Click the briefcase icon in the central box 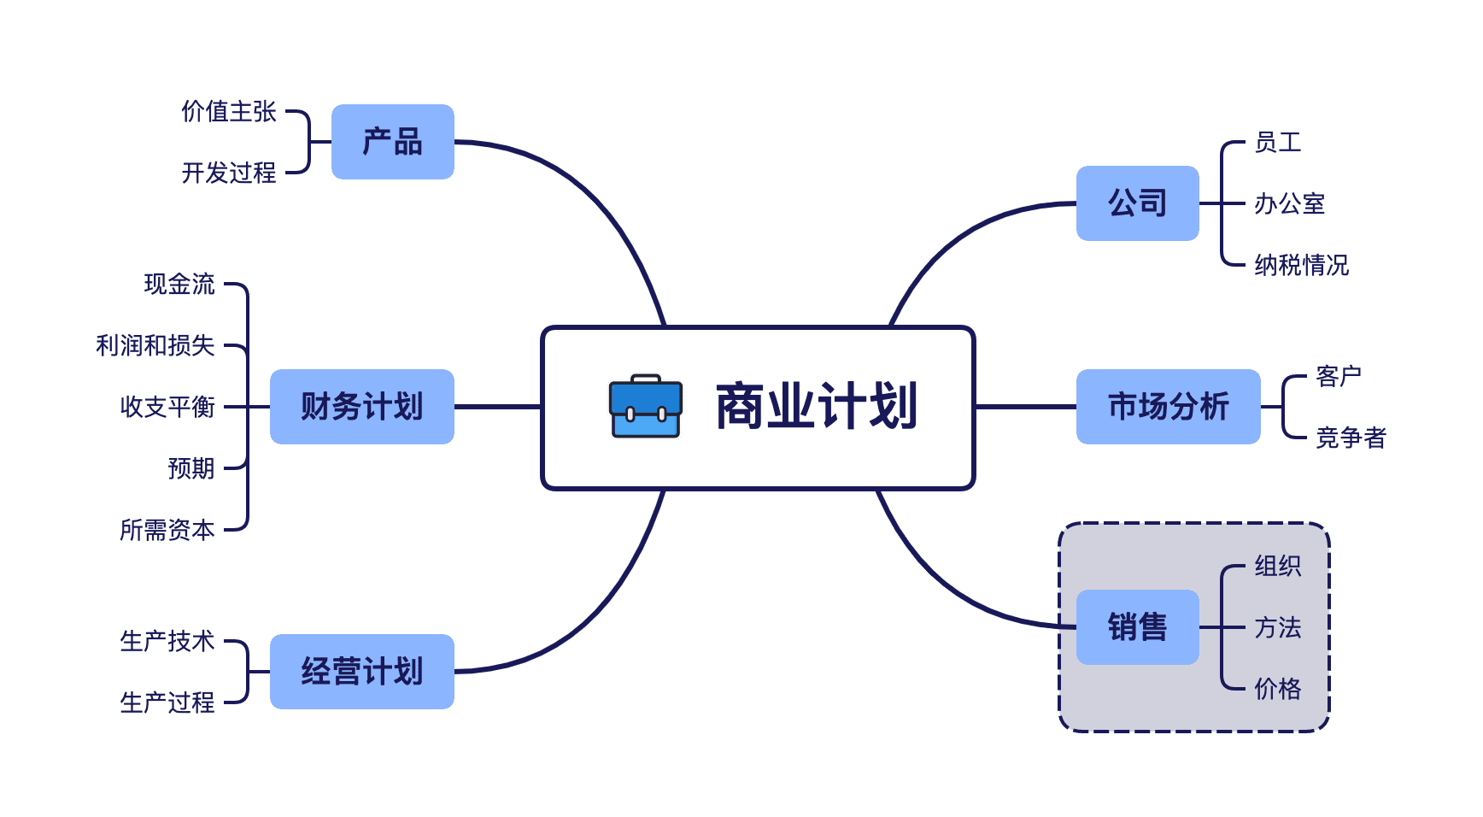point(646,407)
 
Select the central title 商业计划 point(816,407)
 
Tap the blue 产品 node point(393,142)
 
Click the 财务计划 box point(362,407)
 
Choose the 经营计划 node point(362,672)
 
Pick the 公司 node point(1137,203)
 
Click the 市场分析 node point(1168,407)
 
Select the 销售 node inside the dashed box point(1137,627)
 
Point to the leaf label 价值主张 point(229,111)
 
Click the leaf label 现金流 point(179,284)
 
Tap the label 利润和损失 point(155,345)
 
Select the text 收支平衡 point(167,407)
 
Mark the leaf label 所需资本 point(167,530)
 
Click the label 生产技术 point(167,641)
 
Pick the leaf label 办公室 point(1289,203)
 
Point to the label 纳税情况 point(1301,265)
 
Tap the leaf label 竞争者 point(1351,438)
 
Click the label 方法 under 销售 point(1277,627)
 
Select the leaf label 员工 point(1277,142)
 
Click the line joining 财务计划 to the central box point(497,407)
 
